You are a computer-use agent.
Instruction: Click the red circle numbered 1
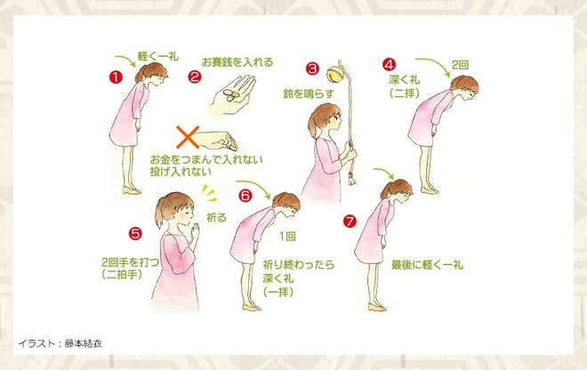coord(116,77)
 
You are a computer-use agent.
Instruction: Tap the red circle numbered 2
coord(194,76)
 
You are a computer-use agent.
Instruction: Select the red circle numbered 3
coord(312,68)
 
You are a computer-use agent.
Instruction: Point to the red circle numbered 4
coord(390,64)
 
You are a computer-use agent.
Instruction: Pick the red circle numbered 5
coord(135,233)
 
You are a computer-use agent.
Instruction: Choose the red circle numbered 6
coord(245,196)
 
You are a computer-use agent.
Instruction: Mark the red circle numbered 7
coord(350,221)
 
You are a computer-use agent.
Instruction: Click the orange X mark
coord(188,138)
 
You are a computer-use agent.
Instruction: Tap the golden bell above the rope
coord(334,74)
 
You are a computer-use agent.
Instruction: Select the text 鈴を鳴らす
coord(308,93)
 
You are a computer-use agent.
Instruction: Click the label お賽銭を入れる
coord(237,61)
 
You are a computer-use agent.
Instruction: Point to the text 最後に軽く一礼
coord(427,265)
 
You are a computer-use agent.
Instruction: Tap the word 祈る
coord(216,218)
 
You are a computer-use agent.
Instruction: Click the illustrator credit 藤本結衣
coord(83,343)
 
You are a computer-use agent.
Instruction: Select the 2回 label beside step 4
coord(460,65)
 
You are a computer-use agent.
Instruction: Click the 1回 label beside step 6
coord(287,237)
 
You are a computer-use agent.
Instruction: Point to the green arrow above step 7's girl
coord(384,173)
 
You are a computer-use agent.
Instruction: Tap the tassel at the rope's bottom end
coord(351,178)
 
